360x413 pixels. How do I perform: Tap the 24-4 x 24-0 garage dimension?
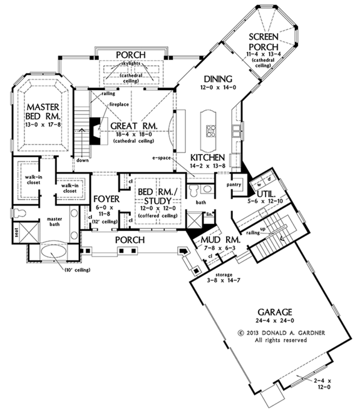pyautogui.click(x=271, y=320)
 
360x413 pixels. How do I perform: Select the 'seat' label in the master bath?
pyautogui.click(x=17, y=233)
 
